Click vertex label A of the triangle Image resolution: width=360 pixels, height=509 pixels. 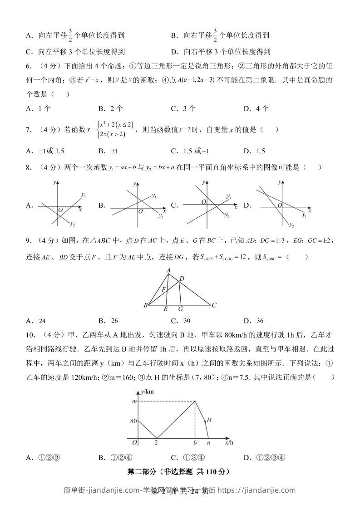pyautogui.click(x=168, y=270)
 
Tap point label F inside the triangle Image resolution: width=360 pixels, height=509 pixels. pyautogui.click(x=164, y=289)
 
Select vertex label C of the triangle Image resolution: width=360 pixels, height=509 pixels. pyautogui.click(x=214, y=305)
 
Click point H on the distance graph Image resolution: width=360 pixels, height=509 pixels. pyautogui.click(x=209, y=420)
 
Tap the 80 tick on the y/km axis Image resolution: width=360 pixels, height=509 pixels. pyautogui.click(x=133, y=421)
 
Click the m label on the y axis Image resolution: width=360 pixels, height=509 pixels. pyautogui.click(x=133, y=401)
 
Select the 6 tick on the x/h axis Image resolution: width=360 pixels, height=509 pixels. pyautogui.click(x=195, y=442)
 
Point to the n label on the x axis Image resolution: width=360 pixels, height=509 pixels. pyautogui.click(x=208, y=442)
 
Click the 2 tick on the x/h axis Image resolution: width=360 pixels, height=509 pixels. pyautogui.click(x=157, y=442)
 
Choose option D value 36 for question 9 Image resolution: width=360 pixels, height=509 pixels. pyautogui.click(x=260, y=321)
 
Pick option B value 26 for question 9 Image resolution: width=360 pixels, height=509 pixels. pyautogui.click(x=114, y=321)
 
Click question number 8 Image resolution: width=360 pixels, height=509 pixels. pyautogui.click(x=28, y=167)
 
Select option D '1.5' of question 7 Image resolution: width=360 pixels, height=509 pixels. pyautogui.click(x=260, y=151)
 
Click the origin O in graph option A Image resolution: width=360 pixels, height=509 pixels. pyautogui.click(x=60, y=210)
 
